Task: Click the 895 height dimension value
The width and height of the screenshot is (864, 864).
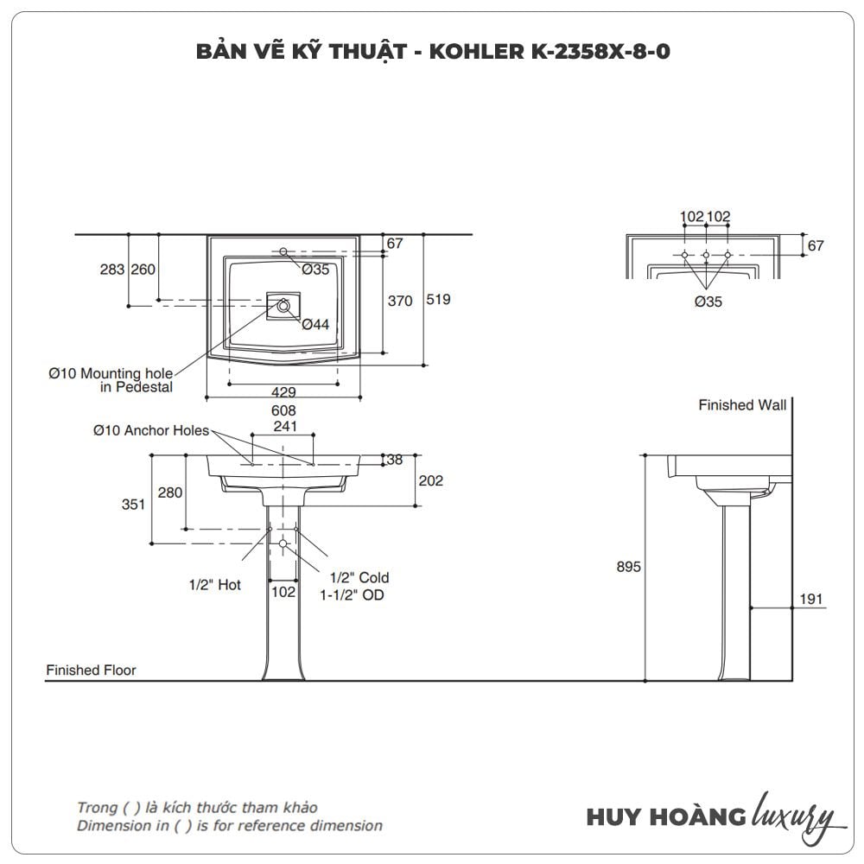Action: [628, 567]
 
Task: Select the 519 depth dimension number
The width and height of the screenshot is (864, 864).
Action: [439, 300]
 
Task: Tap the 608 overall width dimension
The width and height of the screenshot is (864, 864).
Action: [283, 411]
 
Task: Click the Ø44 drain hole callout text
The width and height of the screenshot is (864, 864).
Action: [315, 324]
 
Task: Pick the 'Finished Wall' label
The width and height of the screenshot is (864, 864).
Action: [742, 405]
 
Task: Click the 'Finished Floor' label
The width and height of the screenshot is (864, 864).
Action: [91, 670]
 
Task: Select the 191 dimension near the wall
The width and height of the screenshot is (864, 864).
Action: [810, 599]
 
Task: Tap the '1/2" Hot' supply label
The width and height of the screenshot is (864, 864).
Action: [215, 585]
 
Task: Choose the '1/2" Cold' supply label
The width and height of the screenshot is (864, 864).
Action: [359, 577]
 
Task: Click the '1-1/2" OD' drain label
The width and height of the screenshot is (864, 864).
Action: [353, 594]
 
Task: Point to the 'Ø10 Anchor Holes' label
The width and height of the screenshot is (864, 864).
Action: [151, 429]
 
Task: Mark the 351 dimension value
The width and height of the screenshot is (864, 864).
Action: [134, 505]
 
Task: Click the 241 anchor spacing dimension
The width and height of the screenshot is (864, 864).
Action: [284, 426]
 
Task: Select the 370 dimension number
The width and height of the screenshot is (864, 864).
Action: [400, 301]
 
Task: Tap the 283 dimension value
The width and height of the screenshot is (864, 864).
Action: [112, 270]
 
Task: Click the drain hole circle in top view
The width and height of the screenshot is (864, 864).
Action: [283, 303]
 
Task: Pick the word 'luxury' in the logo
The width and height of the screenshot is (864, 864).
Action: [794, 815]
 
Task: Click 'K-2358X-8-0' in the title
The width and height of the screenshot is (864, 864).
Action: [596, 52]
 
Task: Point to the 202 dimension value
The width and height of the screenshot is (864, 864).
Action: [430, 481]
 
